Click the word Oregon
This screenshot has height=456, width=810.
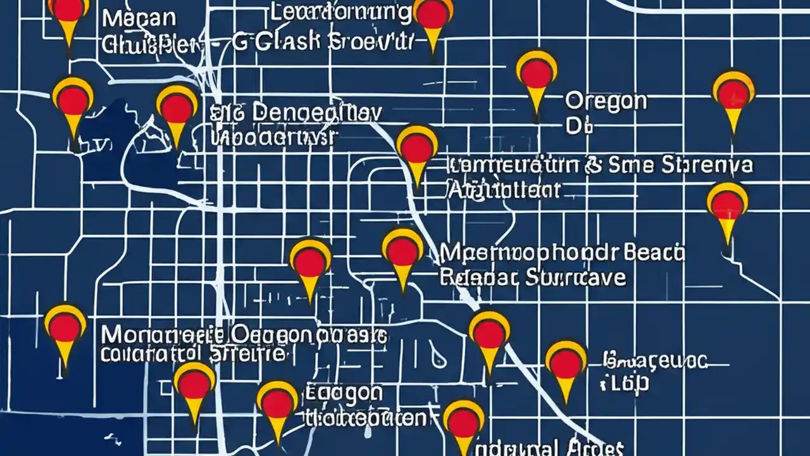click(x=606, y=101)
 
